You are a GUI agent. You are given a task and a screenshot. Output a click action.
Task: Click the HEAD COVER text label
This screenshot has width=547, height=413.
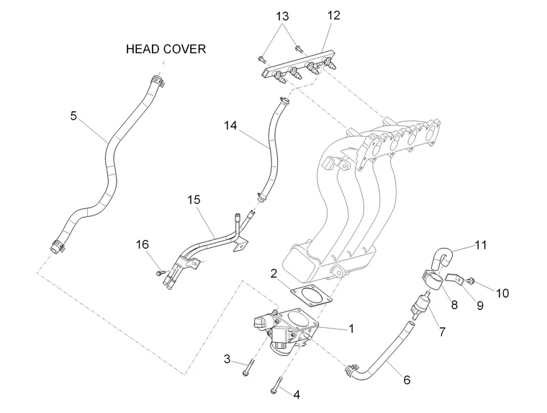tap(166, 49)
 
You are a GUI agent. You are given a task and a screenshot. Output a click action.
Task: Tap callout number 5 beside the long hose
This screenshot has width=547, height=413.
tap(73, 115)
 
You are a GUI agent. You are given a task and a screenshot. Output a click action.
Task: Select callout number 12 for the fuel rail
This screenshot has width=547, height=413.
tap(333, 15)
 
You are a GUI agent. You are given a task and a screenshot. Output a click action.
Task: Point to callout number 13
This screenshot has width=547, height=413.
tap(282, 16)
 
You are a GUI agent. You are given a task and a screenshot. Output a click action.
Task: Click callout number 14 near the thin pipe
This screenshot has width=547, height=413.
tap(230, 125)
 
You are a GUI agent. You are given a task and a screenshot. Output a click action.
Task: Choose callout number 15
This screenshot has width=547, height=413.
tap(194, 200)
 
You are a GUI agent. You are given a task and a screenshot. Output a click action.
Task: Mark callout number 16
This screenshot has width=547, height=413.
tap(142, 244)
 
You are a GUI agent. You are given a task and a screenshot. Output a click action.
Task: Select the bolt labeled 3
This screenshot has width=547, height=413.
tap(249, 367)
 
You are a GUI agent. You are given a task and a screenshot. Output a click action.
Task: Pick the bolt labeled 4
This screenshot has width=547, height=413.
tap(276, 385)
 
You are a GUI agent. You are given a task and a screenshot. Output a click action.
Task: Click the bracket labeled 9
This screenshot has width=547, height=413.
tap(454, 278)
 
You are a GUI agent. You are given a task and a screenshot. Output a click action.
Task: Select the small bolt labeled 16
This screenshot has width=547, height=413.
tap(160, 272)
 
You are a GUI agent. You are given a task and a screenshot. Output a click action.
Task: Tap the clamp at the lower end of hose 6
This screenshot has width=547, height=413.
tap(351, 370)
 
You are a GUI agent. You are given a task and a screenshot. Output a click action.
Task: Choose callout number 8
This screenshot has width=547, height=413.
tap(454, 305)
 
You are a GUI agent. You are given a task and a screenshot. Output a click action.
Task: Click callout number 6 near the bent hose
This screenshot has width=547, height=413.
tap(407, 380)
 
